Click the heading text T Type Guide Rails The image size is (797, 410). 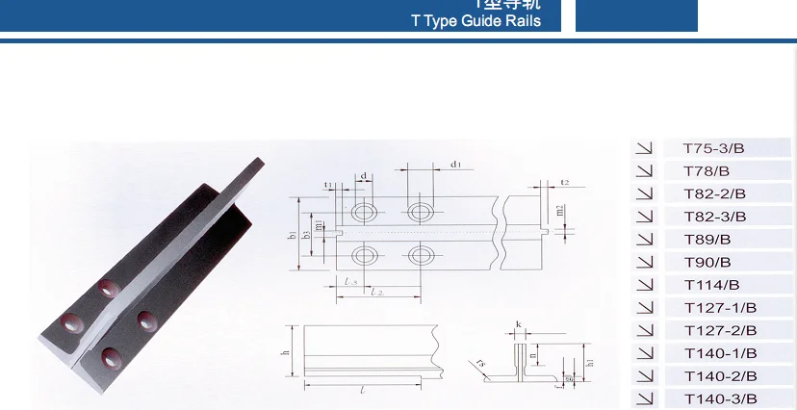point(476,21)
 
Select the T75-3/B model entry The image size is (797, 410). point(713,148)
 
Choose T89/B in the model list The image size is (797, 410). point(707,240)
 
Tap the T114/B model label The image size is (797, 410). point(711,285)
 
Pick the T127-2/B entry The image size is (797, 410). point(720,330)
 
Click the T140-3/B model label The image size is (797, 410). point(720,398)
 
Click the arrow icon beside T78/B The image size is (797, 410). point(644,171)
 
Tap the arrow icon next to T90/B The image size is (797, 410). point(644,262)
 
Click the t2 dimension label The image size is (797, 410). point(565,182)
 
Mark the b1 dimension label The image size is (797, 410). point(293,234)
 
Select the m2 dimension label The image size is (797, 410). point(560,210)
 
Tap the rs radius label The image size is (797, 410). point(479,364)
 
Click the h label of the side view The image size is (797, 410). point(286,353)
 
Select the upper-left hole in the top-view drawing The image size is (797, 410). point(365,212)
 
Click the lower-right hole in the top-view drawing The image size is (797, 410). point(421,255)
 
